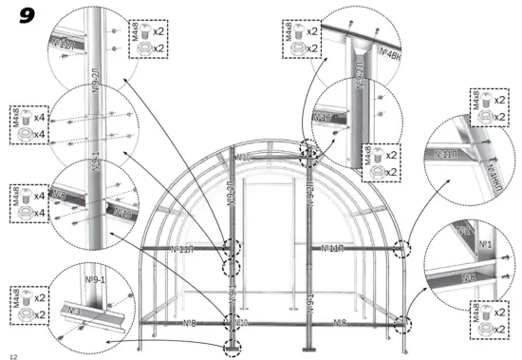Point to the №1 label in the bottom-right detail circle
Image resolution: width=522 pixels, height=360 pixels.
pyautogui.click(x=485, y=244)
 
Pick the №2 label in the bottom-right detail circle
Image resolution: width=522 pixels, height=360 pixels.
pyautogui.click(x=462, y=231)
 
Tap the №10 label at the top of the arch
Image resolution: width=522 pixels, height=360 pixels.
pyautogui.click(x=243, y=157)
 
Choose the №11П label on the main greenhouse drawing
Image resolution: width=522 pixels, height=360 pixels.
pyautogui.click(x=331, y=249)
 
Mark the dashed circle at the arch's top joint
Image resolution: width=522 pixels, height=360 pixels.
pyautogui.click(x=307, y=151)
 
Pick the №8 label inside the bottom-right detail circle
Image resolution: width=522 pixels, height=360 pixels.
pyautogui.click(x=468, y=278)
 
